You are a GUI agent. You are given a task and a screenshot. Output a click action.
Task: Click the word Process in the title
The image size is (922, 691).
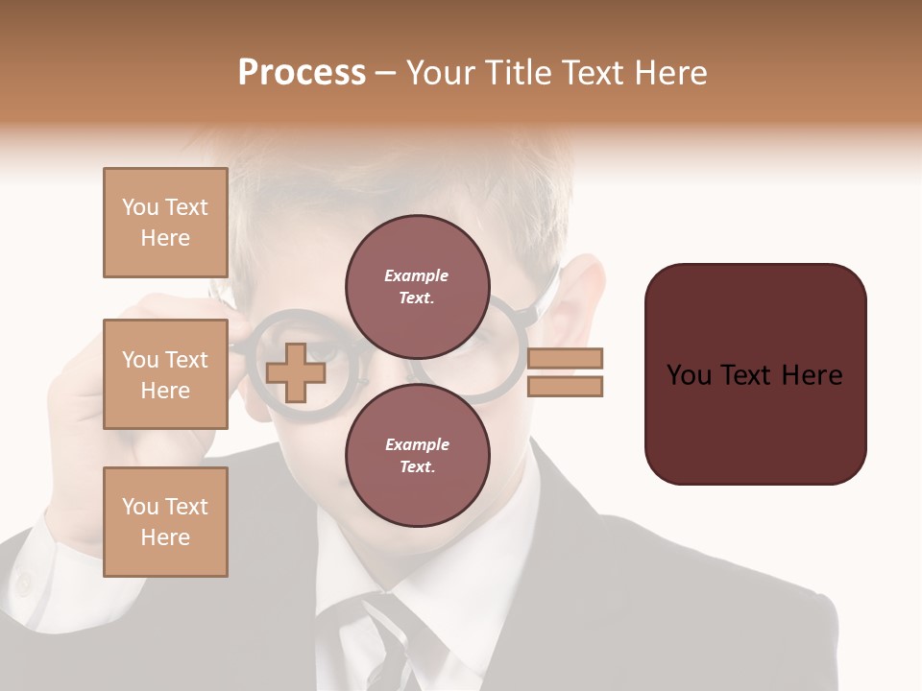[x=302, y=73]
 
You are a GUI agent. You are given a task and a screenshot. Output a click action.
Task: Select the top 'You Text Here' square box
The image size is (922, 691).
[x=165, y=223]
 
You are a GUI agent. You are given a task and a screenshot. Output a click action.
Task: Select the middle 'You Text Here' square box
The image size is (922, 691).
[x=165, y=374]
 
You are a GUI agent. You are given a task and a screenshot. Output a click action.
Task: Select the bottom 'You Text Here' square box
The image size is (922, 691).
[x=165, y=521]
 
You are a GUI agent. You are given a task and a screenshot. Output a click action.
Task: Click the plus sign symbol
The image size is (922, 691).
[x=295, y=372]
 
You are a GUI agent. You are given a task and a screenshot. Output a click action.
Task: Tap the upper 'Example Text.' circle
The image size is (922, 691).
[x=417, y=286]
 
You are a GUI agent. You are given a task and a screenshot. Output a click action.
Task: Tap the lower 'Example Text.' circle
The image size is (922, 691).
[x=417, y=455]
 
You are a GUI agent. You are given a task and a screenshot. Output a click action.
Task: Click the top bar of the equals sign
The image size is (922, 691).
[x=565, y=358]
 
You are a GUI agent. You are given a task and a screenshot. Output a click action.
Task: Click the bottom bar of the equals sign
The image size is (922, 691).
[x=565, y=386]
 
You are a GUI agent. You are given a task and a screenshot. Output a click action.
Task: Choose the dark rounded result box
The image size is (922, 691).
[x=755, y=373]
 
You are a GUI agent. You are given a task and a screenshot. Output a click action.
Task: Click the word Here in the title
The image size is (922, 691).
[x=668, y=73]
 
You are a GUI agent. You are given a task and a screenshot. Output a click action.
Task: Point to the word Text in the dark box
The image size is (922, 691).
[x=752, y=375]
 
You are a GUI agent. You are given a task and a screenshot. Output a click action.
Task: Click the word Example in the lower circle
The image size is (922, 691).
[x=417, y=444]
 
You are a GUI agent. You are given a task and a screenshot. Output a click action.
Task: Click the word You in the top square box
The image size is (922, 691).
[x=139, y=207]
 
